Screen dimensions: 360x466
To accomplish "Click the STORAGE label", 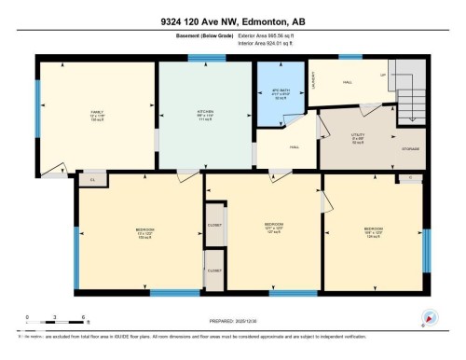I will (411, 149).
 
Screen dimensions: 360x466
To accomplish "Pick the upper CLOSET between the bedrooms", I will (215, 226).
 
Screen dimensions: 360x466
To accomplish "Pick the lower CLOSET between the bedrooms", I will (215, 270).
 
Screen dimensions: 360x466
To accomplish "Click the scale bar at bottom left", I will (56, 323).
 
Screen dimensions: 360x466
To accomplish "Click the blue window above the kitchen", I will (200, 58).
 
